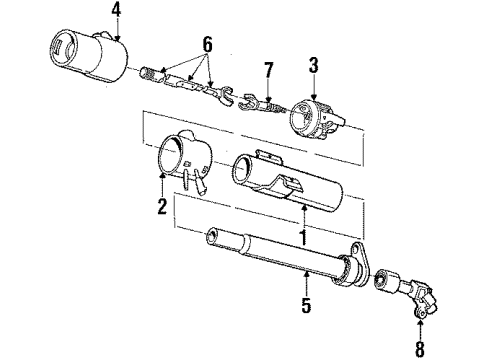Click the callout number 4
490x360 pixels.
point(116,11)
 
